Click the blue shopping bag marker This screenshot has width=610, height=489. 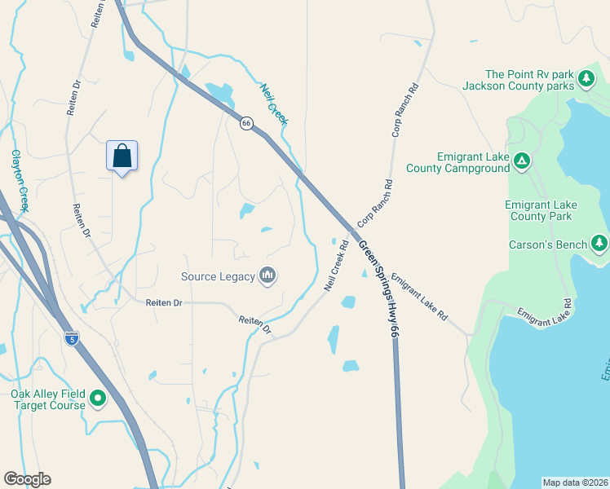coord(122,156)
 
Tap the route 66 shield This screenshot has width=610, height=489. coord(246,123)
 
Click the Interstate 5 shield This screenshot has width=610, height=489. coord(73,338)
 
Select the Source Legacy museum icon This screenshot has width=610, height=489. coord(267,276)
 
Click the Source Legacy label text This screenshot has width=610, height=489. coord(218,277)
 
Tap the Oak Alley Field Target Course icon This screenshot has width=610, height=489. coord(98,399)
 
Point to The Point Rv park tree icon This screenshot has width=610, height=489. coord(586,79)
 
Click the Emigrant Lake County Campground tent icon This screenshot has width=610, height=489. coord(523,163)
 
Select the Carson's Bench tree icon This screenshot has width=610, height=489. coord(599,244)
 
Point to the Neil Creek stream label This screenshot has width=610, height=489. coord(274,104)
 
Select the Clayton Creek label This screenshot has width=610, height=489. coord(20,181)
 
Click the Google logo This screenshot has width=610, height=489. coord(27,479)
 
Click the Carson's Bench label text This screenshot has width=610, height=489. coord(547,244)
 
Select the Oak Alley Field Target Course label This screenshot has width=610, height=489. coord(47,399)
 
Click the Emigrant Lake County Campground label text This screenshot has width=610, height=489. coord(473,163)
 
